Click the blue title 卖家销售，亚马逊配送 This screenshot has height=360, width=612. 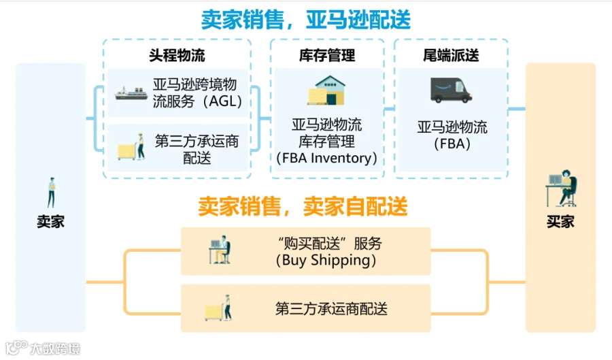point(305,20)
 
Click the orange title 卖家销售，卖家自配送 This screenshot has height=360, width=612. point(303,206)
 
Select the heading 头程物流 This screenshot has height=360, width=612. point(177,55)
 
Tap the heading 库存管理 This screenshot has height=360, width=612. point(327,55)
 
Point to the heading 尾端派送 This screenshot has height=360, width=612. point(451,55)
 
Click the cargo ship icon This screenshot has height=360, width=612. point(131,93)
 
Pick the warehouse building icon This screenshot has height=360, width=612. point(326,91)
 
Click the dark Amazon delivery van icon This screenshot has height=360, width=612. point(451,91)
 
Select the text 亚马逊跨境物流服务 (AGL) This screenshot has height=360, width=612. point(197,93)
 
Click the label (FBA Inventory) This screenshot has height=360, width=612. point(326,158)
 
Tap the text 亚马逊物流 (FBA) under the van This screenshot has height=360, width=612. point(452,135)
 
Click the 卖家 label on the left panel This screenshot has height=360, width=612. point(50,221)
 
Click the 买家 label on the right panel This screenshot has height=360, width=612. point(560,221)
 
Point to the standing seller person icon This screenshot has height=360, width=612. point(51,192)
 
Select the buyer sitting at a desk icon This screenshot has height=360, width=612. point(562,189)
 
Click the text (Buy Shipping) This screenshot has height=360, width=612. point(326,261)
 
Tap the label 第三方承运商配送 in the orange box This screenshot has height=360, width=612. point(331,309)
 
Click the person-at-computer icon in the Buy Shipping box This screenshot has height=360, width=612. point(220,250)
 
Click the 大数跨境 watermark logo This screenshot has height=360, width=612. point(43,348)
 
